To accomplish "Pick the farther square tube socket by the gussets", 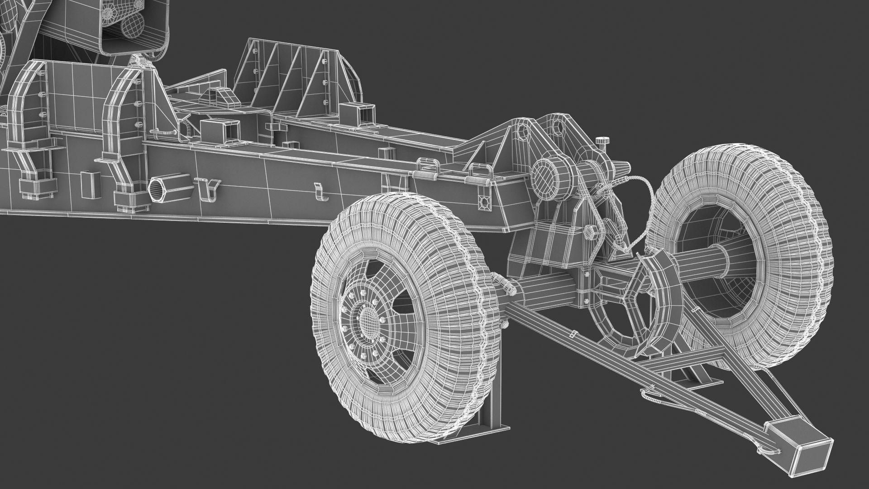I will click(357, 114).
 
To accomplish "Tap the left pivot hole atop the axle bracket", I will click(522, 132).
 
